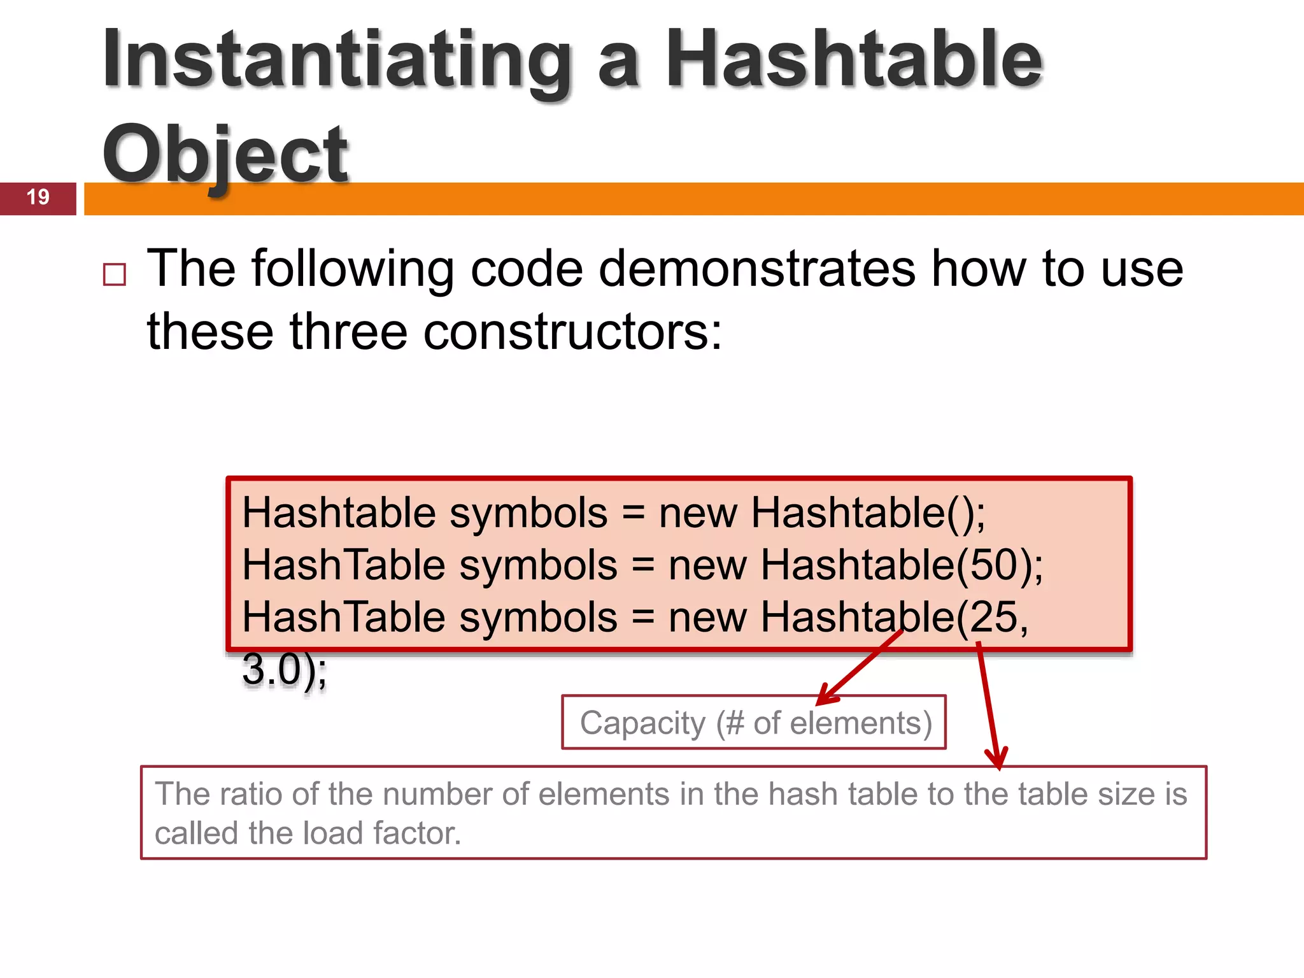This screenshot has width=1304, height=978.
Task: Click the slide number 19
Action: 38,197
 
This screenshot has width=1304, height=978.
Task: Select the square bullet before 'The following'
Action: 115,274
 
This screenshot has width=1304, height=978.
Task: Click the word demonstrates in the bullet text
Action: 757,269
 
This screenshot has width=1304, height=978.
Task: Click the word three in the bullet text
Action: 348,332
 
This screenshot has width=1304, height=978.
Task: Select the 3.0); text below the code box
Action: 284,670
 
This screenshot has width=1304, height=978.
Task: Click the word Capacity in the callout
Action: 642,723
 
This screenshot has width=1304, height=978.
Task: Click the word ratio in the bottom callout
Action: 245,794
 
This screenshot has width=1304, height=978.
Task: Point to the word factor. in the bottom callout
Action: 416,833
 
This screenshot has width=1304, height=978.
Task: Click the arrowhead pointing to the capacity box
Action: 823,698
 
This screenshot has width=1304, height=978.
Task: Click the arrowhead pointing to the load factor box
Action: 998,761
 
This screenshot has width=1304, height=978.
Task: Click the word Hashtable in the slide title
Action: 853,60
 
